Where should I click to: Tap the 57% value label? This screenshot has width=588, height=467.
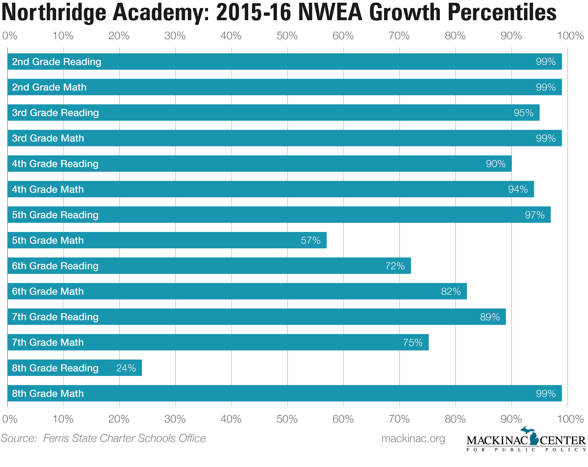(x=311, y=240)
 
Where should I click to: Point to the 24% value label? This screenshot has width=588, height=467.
(x=126, y=368)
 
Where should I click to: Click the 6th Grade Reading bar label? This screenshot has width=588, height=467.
(x=55, y=266)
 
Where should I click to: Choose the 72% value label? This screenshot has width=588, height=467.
(x=395, y=266)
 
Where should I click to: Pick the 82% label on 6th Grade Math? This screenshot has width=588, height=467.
(x=451, y=291)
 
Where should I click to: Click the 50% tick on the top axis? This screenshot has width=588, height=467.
(x=287, y=36)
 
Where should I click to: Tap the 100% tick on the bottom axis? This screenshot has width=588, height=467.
(x=570, y=419)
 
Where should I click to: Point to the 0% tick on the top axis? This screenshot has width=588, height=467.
(x=10, y=36)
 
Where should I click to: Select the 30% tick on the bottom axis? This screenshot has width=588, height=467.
(x=175, y=419)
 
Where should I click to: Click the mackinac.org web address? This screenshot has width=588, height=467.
(x=413, y=438)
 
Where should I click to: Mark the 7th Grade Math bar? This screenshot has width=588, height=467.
(x=218, y=342)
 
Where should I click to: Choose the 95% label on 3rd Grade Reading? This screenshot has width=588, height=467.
(x=523, y=113)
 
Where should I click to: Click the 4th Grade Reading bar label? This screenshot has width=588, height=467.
(x=55, y=164)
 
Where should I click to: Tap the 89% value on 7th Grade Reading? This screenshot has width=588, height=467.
(x=490, y=317)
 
